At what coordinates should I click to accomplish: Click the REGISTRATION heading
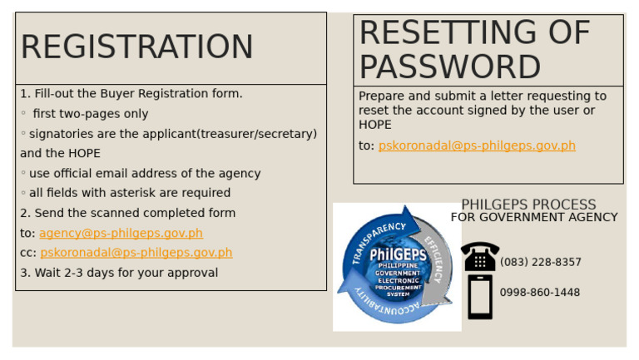[x=136, y=47]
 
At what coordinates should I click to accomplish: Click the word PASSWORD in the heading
[x=450, y=67]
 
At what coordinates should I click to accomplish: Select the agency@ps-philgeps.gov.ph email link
[x=121, y=234]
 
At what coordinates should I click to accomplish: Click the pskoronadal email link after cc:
[x=136, y=253]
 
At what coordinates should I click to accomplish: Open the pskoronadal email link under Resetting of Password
[x=477, y=146]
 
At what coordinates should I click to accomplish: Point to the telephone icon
[x=480, y=257]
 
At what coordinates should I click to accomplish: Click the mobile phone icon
[x=480, y=297]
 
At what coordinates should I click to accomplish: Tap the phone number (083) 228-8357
[x=541, y=263]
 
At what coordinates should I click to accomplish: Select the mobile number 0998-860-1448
[x=540, y=293]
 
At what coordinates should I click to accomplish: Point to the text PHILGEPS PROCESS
[x=528, y=205]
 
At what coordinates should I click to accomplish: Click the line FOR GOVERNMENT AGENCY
[x=534, y=218]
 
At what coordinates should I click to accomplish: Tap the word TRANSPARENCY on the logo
[x=378, y=240]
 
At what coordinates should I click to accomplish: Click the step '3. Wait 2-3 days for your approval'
[x=119, y=273]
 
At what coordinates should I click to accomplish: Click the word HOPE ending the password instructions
[x=375, y=125]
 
